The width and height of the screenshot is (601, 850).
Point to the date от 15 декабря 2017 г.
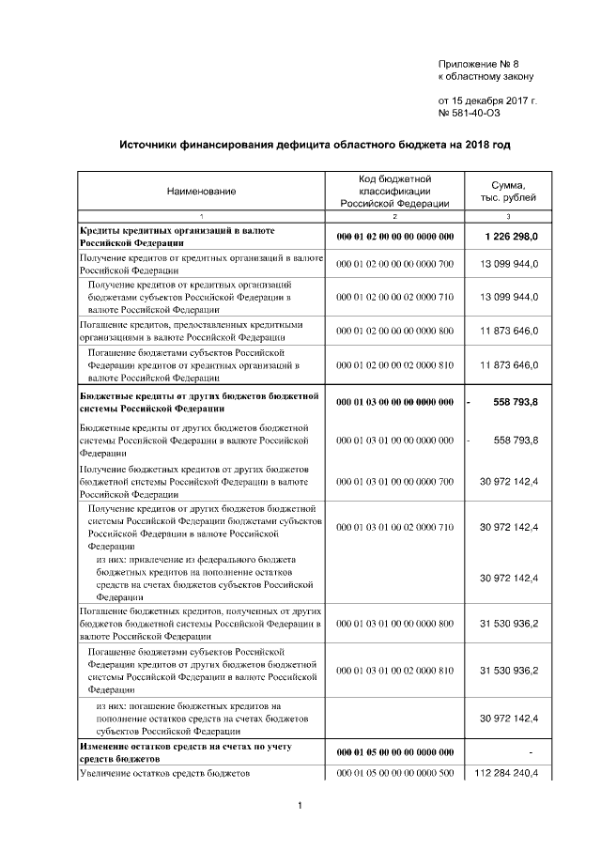click(x=487, y=100)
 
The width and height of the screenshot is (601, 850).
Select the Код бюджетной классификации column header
click(x=394, y=191)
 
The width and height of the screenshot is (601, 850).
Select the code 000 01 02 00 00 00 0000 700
click(x=394, y=264)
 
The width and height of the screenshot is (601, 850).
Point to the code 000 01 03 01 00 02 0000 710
click(x=394, y=528)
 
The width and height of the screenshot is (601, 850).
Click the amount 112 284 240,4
click(x=509, y=774)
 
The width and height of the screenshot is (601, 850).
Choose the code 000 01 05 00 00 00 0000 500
click(x=394, y=774)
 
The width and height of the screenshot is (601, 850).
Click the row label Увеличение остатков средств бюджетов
click(x=165, y=774)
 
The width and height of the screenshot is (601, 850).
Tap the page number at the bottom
click(x=299, y=806)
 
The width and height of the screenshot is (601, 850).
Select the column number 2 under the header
click(x=394, y=217)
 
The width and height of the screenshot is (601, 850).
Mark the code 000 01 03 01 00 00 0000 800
click(x=394, y=622)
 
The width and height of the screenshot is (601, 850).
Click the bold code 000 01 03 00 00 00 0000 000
click(x=394, y=402)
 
